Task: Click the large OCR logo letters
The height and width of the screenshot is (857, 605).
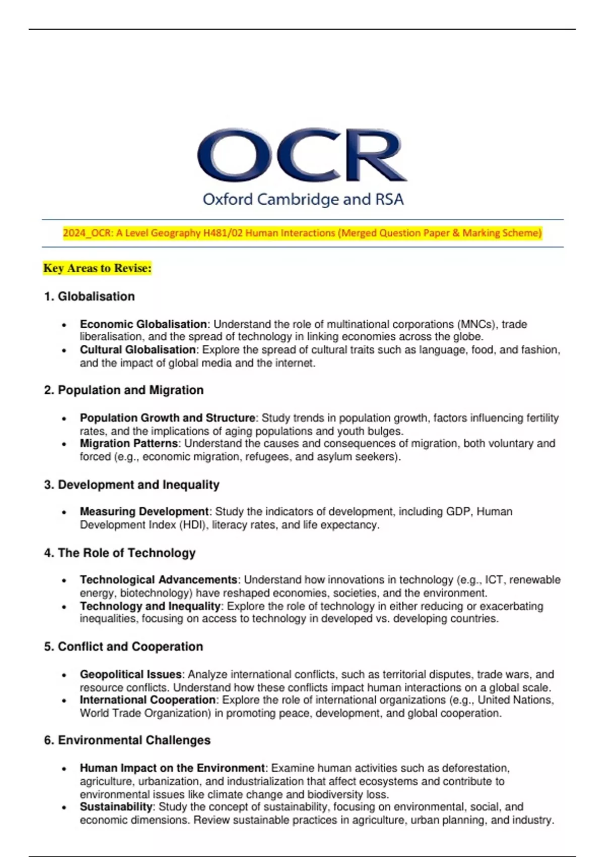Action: pos(302,155)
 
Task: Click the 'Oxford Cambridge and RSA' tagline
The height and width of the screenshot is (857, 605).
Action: pos(303,200)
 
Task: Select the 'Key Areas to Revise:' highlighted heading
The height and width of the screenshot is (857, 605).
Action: pos(97,268)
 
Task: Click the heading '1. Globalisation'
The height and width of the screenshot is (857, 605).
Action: pos(89,296)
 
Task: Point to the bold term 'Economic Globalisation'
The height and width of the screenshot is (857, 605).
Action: pos(143,324)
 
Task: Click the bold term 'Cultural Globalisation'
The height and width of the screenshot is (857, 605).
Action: pos(138,350)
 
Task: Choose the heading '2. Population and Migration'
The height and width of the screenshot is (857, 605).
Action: pos(124,390)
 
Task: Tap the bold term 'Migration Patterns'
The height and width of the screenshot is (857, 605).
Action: pos(129,444)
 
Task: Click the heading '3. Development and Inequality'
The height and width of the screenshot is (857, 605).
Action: pos(132,485)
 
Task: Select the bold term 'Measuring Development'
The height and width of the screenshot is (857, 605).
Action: pos(144,512)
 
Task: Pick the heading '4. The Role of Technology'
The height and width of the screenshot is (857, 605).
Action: pos(119,553)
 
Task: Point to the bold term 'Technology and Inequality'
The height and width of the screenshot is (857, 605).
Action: pos(150,606)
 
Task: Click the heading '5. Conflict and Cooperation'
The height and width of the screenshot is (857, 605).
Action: pos(124,647)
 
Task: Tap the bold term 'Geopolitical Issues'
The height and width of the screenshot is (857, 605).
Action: pos(131,675)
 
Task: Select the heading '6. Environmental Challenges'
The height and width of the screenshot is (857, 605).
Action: pos(127,741)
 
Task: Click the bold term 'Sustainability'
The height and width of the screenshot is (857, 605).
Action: pos(116,807)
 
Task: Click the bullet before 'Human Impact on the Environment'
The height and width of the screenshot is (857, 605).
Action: pos(64,769)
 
